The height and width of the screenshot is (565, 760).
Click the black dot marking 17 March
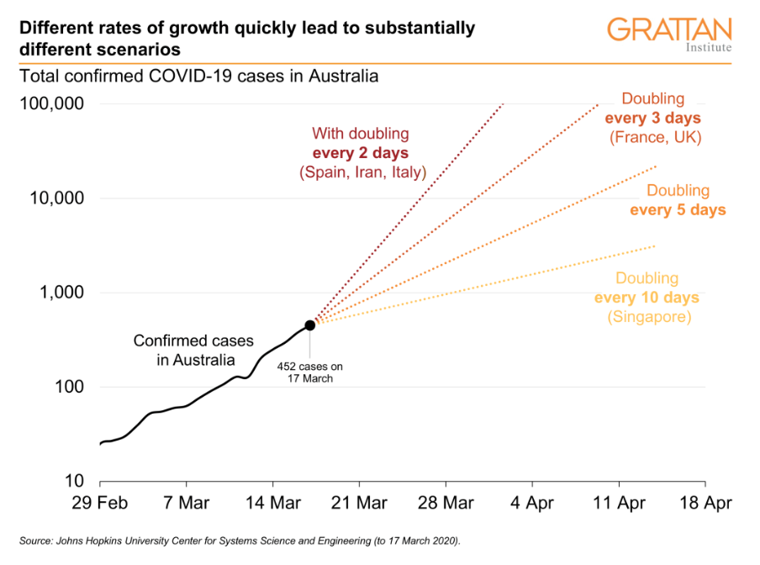pyautogui.click(x=310, y=325)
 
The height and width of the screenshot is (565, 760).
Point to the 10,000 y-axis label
pyautogui.click(x=52, y=198)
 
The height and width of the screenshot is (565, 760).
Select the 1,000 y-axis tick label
pyautogui.click(x=57, y=293)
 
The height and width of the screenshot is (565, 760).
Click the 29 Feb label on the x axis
pyautogui.click(x=100, y=504)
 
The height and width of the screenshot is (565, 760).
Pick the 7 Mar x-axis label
pyautogui.click(x=186, y=504)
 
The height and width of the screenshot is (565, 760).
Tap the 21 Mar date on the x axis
pyautogui.click(x=359, y=504)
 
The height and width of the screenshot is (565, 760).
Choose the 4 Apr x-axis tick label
pyautogui.click(x=532, y=504)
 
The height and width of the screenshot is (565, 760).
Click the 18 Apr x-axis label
pyautogui.click(x=705, y=504)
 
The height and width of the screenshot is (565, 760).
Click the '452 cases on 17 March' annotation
pyautogui.click(x=310, y=372)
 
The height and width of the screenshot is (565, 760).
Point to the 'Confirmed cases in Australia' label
pyautogui.click(x=182, y=351)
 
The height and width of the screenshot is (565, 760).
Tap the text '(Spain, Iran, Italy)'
pyautogui.click(x=362, y=172)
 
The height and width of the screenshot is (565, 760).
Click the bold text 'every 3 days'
pyautogui.click(x=653, y=118)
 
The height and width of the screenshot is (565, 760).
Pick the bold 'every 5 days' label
pyautogui.click(x=678, y=209)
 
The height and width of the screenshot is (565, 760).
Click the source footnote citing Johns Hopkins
pyautogui.click(x=240, y=539)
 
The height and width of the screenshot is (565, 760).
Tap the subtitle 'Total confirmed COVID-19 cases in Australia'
pyautogui.click(x=199, y=77)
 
